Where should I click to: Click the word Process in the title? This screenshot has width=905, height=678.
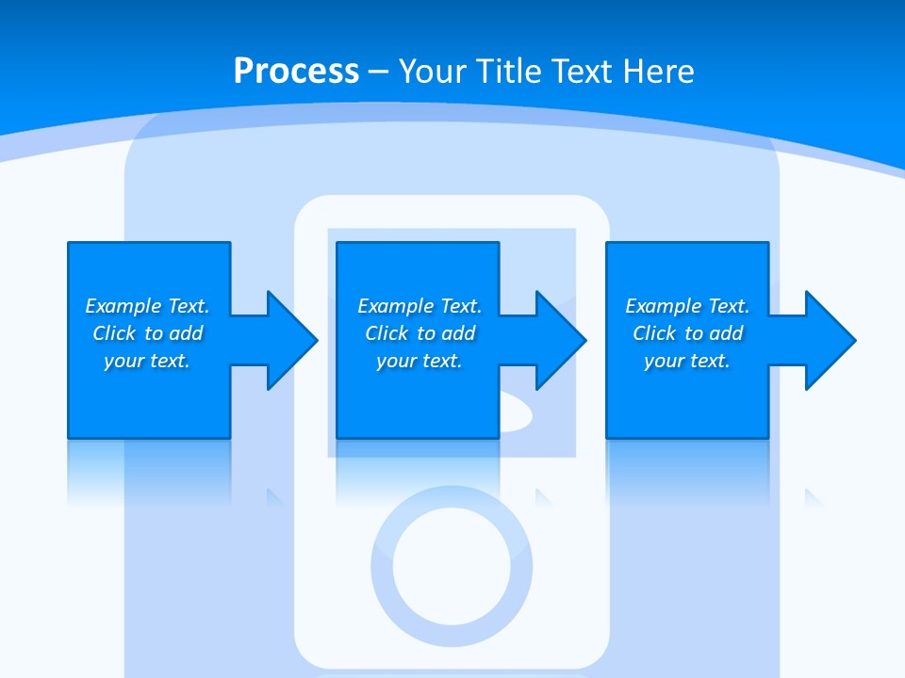[x=296, y=72]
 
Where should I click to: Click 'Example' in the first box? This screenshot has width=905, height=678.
[x=123, y=306]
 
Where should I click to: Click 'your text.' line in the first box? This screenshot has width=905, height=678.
[x=147, y=361]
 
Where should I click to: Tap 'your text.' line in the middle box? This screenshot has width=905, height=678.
[x=420, y=361]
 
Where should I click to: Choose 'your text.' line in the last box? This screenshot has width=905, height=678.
[x=687, y=361]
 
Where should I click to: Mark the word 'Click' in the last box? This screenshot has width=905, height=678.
[x=654, y=333]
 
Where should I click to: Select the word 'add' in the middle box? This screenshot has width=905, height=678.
[x=458, y=333]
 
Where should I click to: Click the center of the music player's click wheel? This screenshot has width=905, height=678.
[x=451, y=565]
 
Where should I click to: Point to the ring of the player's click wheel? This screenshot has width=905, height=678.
[x=382, y=565]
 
